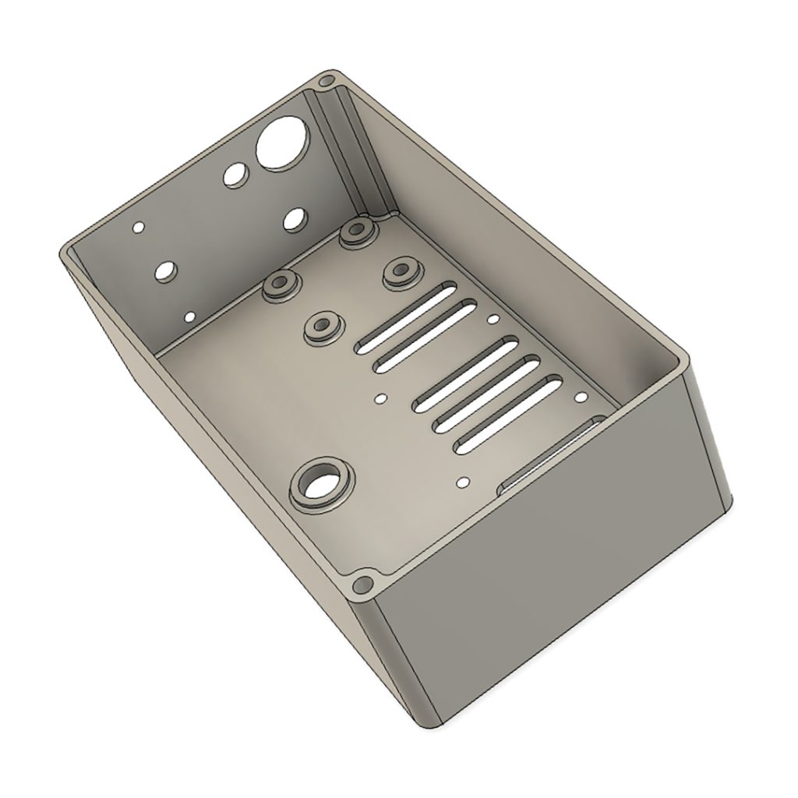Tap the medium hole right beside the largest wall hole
pyautogui.click(x=233, y=175)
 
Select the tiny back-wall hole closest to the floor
pyautogui.click(x=189, y=316)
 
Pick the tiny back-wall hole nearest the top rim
pyautogui.click(x=139, y=228)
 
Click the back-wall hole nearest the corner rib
pyautogui.click(x=294, y=219)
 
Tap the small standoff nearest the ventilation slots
pyautogui.click(x=401, y=271)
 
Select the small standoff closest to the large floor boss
pyautogui.click(x=320, y=326)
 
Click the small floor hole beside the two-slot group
pyautogui.click(x=493, y=319)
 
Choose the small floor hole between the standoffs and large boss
pyautogui.click(x=380, y=398)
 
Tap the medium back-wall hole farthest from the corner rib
pyautogui.click(x=166, y=272)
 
